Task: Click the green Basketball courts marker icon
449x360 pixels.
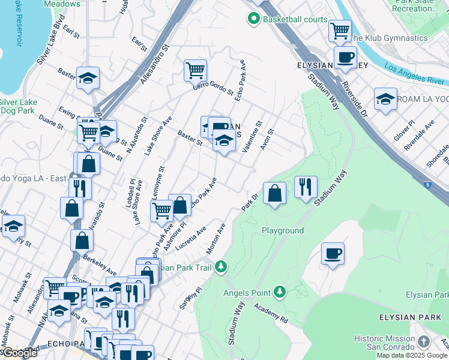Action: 253,20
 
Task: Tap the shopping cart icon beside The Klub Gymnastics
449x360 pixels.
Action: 340,29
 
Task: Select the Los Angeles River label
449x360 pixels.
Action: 414,74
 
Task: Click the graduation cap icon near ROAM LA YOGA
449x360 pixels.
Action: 385,99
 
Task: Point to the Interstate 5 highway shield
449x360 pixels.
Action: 426,185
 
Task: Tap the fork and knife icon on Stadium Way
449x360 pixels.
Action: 306,187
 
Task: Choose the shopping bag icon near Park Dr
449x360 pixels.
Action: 274,193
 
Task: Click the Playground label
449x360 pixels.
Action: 282,230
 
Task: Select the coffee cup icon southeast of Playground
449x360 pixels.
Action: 333,253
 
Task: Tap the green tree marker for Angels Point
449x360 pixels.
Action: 279,292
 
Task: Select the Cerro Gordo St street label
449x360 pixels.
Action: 213,88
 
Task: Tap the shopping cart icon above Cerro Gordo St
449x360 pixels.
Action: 195,70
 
